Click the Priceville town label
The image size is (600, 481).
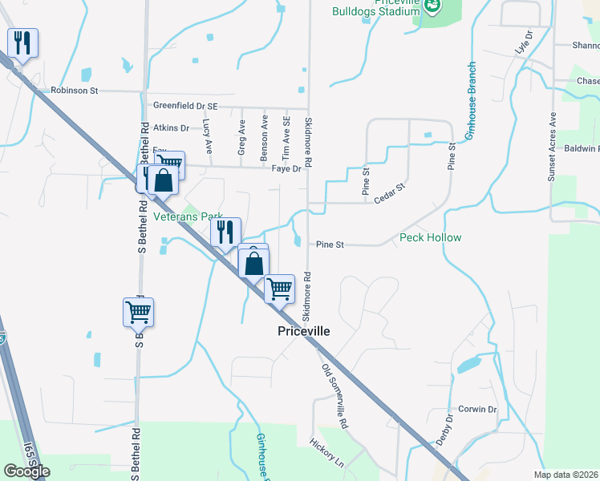click(x=303, y=331)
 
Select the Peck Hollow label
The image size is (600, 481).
click(x=431, y=237)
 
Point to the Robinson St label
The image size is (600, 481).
click(x=74, y=91)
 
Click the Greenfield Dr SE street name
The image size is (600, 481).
click(x=184, y=105)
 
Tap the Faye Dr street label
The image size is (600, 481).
click(x=286, y=169)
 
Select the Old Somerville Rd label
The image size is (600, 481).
click(x=335, y=396)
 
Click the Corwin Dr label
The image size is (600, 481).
click(x=478, y=409)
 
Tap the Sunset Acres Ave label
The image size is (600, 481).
click(x=552, y=146)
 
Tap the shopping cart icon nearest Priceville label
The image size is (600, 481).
click(x=279, y=289)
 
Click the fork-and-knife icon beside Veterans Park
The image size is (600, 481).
click(x=226, y=232)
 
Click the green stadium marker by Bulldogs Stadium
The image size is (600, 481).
click(x=432, y=6)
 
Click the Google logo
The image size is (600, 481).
click(x=27, y=471)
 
